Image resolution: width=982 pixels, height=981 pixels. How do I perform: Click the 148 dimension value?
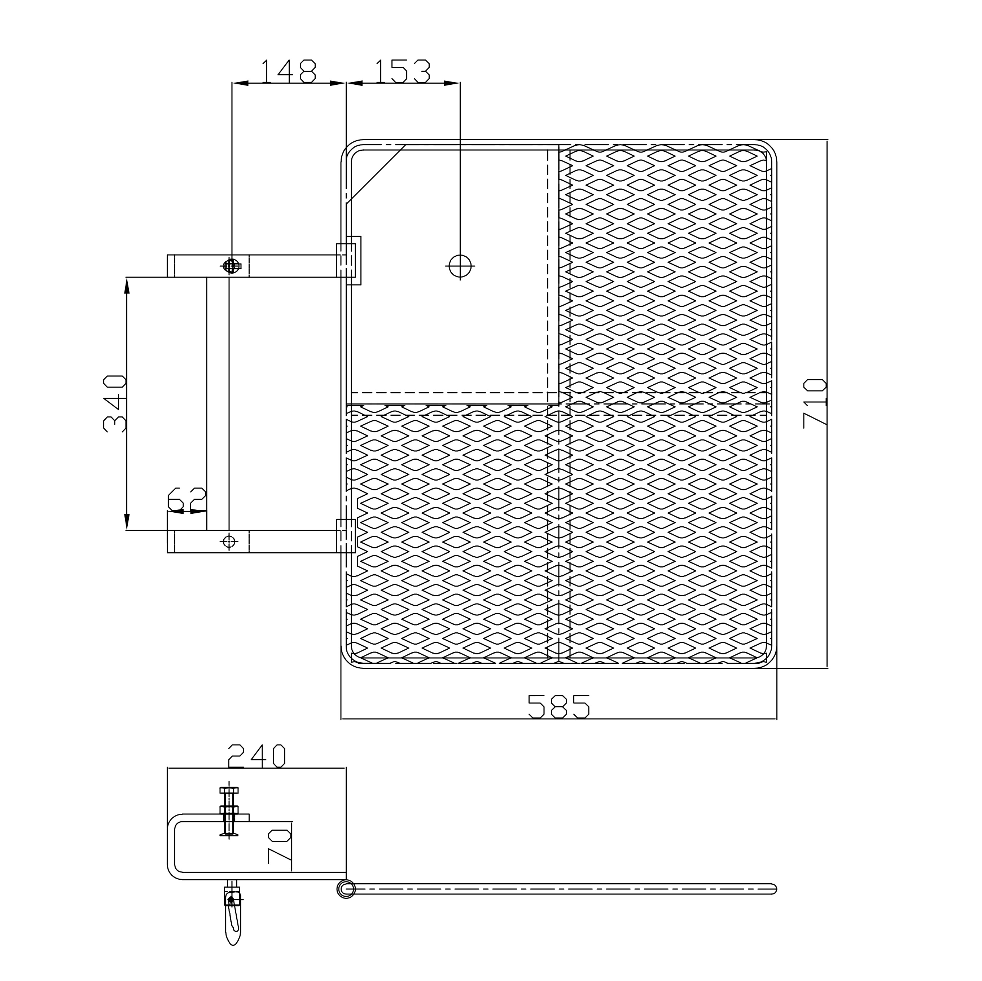click(x=288, y=71)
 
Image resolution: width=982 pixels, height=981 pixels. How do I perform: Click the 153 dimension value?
click(x=403, y=71)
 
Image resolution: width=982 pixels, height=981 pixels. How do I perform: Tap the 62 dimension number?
click(x=187, y=499)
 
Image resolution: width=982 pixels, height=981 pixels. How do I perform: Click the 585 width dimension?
click(x=558, y=707)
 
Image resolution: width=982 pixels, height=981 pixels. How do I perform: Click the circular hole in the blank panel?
click(x=460, y=266)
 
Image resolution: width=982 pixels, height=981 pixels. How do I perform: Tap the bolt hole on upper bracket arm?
click(x=231, y=266)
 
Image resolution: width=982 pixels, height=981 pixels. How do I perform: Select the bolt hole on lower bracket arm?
click(x=229, y=542)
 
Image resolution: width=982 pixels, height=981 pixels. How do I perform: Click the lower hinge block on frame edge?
click(x=346, y=536)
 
